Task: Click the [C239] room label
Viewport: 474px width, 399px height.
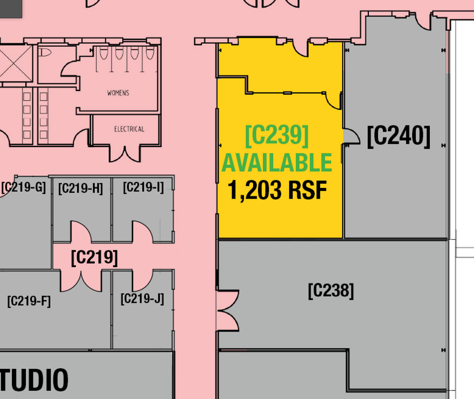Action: tap(277, 136)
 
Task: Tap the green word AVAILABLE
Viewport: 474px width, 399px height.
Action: tap(277, 163)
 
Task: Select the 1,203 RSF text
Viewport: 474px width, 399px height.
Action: tap(277, 190)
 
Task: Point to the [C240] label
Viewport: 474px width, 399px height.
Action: tap(399, 136)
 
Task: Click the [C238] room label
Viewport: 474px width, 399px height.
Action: tap(331, 291)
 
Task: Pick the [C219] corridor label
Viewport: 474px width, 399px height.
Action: tap(94, 257)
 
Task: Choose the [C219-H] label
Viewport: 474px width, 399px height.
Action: tap(80, 188)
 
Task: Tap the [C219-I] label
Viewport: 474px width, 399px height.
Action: tap(143, 187)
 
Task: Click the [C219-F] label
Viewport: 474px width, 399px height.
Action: tap(29, 300)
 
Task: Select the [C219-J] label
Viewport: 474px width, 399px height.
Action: tap(142, 298)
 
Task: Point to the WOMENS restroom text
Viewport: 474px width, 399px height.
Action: tap(118, 93)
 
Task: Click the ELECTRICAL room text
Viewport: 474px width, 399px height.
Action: tap(129, 129)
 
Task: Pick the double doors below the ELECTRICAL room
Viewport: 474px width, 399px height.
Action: tap(124, 152)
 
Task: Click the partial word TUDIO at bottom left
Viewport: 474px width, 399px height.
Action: tap(34, 380)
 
